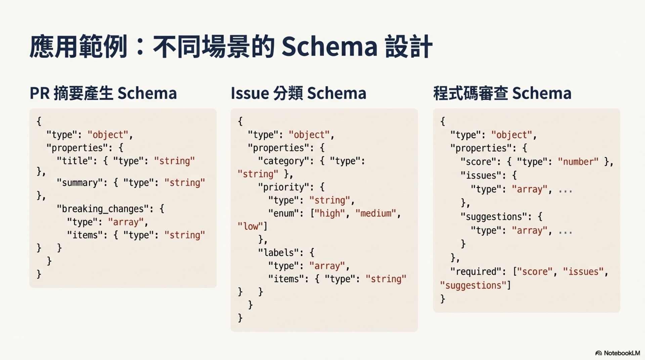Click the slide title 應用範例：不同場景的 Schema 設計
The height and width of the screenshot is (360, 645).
[x=230, y=46]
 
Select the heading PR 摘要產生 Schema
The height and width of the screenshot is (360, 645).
[x=103, y=93]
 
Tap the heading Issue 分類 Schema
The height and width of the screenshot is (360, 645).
[x=298, y=93]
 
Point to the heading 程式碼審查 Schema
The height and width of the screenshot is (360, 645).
[x=502, y=93]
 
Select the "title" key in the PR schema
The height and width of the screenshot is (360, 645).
[x=75, y=161]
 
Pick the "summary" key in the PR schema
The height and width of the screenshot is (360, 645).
[x=80, y=183]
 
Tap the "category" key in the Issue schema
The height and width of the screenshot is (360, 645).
[x=283, y=161]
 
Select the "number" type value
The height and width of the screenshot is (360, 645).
[x=578, y=162]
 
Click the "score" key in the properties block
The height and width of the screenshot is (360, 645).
[x=478, y=162]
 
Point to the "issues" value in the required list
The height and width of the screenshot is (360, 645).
[x=583, y=271]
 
